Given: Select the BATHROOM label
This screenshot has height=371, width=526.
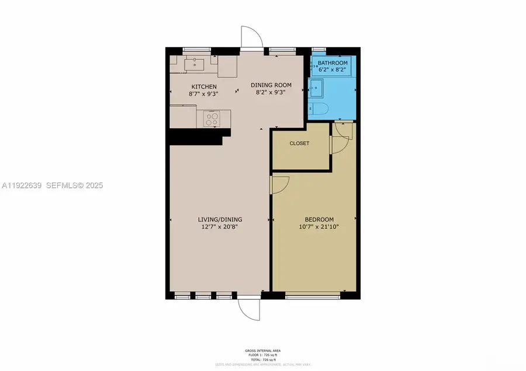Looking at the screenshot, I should pos(333,63).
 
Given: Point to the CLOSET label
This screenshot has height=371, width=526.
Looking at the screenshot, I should pos(299,143).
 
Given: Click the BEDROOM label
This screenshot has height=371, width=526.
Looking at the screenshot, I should pos(319,219).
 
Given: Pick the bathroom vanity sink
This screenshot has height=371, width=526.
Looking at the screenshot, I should pos(316,89).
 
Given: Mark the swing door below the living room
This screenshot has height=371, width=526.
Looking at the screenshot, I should pos(248,309).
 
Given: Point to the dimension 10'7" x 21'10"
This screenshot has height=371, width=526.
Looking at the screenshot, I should pos(319,226).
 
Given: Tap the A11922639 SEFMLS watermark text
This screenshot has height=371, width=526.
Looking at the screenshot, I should pos(52,185).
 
